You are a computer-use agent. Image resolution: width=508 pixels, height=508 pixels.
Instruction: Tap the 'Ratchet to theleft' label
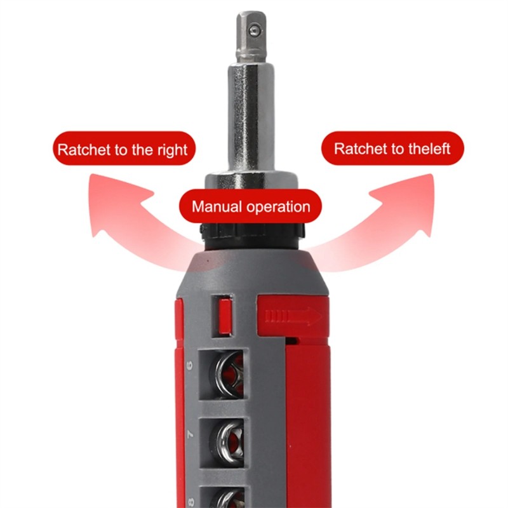[392, 149]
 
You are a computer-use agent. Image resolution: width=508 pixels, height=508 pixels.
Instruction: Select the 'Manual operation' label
[250, 206]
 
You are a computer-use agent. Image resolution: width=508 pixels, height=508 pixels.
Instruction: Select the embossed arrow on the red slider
[293, 315]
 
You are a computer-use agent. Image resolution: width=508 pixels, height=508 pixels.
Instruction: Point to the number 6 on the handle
[190, 366]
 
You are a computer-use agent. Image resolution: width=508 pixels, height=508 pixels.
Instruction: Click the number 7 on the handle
[190, 434]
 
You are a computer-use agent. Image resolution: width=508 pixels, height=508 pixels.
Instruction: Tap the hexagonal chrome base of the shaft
[251, 182]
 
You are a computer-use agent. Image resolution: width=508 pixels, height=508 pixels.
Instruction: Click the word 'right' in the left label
[173, 150]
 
